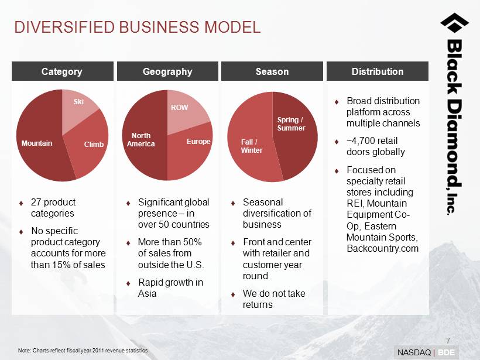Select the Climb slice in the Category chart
tap(90, 144)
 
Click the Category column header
tap(63, 71)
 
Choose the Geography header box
tap(167, 71)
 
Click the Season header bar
tap(272, 71)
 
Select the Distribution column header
tap(378, 71)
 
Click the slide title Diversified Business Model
tap(138, 27)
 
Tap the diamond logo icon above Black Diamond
tap(455, 23)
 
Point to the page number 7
tap(448, 341)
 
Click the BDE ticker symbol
tap(446, 352)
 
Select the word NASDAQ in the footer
tap(414, 352)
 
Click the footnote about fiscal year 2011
tap(84, 351)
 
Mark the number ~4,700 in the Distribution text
tap(361, 141)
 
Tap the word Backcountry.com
tap(383, 248)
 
